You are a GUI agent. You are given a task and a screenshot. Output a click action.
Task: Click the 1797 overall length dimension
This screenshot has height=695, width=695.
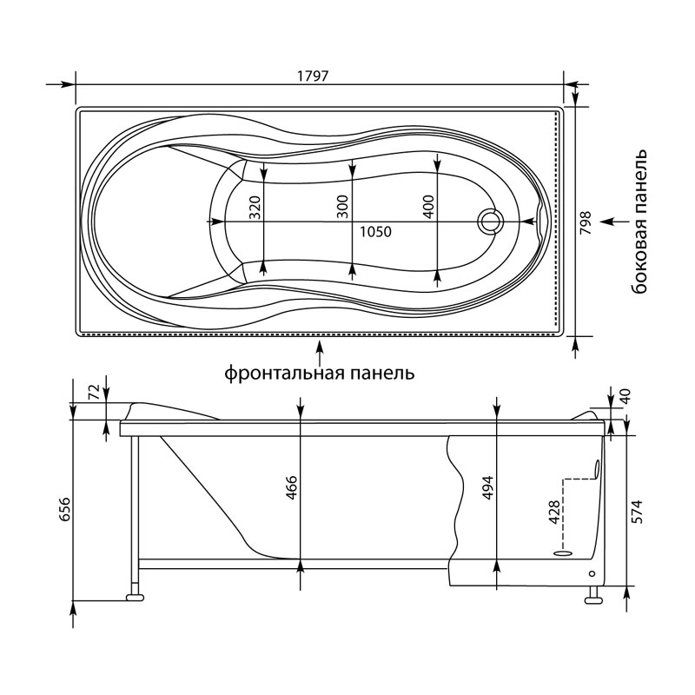click(x=312, y=76)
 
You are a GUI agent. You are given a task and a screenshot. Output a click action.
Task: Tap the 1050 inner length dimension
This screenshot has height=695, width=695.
click(x=375, y=232)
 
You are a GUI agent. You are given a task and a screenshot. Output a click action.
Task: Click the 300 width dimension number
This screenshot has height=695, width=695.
click(x=343, y=207)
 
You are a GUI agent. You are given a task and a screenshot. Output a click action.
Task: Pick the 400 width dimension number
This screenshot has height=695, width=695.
click(x=428, y=207)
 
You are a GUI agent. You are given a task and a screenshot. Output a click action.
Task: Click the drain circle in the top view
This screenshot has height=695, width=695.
click(x=490, y=221)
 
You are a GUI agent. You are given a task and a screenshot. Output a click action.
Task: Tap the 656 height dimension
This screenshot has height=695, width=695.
click(x=64, y=509)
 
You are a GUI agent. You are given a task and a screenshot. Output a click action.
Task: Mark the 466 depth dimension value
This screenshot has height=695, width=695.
click(x=291, y=488)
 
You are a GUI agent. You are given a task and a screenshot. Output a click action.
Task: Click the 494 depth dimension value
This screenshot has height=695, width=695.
click(x=487, y=488)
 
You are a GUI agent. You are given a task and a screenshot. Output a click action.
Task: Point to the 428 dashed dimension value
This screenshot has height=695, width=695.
click(x=554, y=512)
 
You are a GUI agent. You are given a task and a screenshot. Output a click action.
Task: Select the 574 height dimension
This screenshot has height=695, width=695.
click(x=637, y=512)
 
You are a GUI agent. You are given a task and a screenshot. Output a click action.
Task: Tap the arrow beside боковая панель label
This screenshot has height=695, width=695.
click(x=614, y=222)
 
